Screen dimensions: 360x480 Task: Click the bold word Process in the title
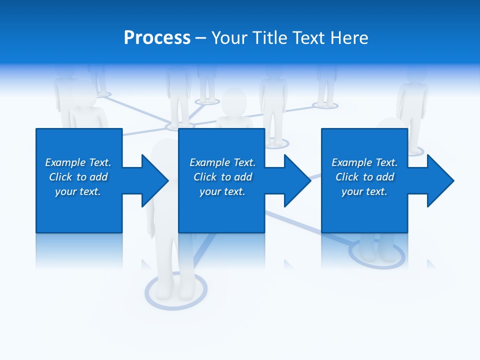[157, 38]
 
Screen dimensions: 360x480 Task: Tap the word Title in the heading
[269, 38]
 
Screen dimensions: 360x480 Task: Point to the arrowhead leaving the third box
[438, 180]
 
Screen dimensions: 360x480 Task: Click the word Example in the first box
[65, 162]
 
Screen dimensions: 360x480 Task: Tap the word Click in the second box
[204, 177]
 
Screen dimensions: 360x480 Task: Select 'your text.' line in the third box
[364, 191]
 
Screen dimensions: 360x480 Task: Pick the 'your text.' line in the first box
[77, 191]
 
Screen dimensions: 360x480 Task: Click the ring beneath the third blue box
[376, 253]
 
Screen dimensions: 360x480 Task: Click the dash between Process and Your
[200, 38]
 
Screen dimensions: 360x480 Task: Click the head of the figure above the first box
[83, 95]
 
